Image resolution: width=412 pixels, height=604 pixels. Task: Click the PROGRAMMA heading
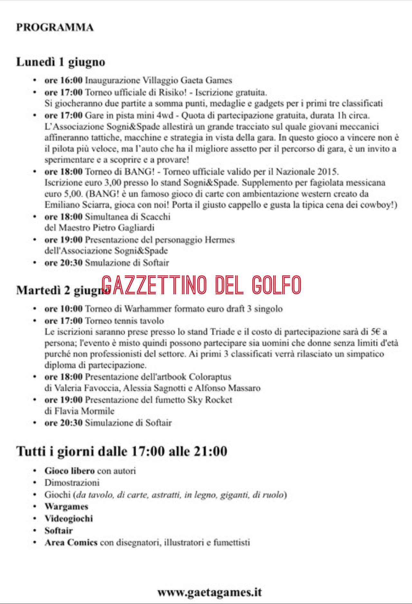pyautogui.click(x=55, y=28)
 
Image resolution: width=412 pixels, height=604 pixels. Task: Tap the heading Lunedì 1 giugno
pyautogui.click(x=61, y=62)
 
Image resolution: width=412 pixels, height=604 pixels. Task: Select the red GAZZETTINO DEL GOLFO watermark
pyautogui.click(x=201, y=285)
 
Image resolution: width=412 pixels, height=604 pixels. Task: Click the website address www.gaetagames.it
pyautogui.click(x=210, y=592)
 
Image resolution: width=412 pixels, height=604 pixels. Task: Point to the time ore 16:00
pyautogui.click(x=63, y=80)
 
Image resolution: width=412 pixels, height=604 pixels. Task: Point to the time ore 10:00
pyautogui.click(x=63, y=309)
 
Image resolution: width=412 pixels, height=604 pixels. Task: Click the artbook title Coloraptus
pyautogui.click(x=210, y=377)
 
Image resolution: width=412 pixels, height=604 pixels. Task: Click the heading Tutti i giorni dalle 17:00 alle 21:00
pyautogui.click(x=122, y=451)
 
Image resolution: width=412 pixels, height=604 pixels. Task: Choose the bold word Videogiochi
pyautogui.click(x=69, y=519)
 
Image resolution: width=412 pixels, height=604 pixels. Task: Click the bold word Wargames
pyautogui.click(x=66, y=507)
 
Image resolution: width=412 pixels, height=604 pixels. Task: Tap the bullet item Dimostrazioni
pyautogui.click(x=72, y=483)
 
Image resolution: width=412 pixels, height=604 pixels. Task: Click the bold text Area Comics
pyautogui.click(x=71, y=543)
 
